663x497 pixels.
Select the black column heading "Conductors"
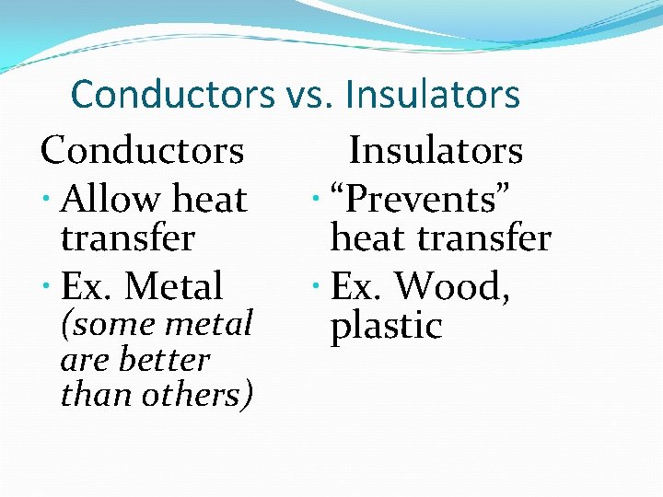click(x=143, y=150)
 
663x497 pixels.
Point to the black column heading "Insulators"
click(x=436, y=150)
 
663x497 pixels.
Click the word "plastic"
click(x=386, y=326)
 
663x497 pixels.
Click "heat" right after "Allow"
click(x=209, y=199)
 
